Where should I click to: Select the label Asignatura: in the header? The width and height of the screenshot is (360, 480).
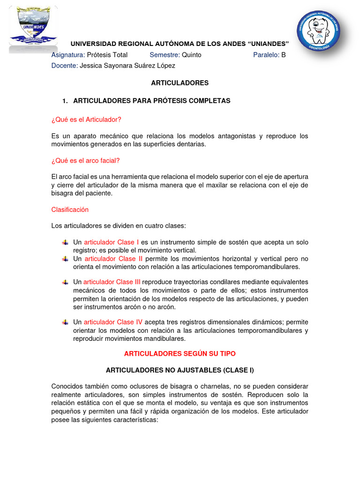[68, 55]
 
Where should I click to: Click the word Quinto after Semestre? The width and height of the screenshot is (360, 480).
[191, 55]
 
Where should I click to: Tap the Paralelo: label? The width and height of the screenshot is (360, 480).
[266, 55]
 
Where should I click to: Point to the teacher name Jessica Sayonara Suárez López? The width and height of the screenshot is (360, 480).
[127, 66]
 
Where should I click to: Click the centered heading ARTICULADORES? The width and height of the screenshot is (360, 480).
[180, 83]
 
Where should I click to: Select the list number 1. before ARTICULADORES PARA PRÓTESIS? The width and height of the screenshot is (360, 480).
[66, 101]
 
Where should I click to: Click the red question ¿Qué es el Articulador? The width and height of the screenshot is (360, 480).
[86, 119]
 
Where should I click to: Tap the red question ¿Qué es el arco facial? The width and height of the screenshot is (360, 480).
[85, 161]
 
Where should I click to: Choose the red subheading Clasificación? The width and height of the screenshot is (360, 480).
[70, 210]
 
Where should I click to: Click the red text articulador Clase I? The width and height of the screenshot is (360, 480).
[112, 242]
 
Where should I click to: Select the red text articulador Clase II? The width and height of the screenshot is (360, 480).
[113, 259]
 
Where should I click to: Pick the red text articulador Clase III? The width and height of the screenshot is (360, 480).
[112, 282]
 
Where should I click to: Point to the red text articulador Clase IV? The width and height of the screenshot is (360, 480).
[113, 322]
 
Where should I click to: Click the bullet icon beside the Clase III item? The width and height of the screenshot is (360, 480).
[65, 282]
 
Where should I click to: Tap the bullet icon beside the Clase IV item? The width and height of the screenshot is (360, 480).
[65, 322]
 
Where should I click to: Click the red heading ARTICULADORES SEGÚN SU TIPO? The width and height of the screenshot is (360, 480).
[180, 353]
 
